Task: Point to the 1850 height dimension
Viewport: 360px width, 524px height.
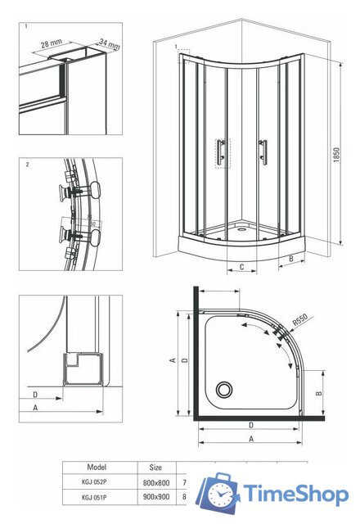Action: (x=337, y=156)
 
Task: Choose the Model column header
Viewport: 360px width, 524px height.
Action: (x=97, y=467)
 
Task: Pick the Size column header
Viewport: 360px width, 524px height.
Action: (x=155, y=467)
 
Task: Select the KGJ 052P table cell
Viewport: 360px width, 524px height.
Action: (x=97, y=482)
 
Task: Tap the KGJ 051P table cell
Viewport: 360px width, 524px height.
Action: (x=97, y=497)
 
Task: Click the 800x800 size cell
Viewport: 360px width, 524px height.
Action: (x=155, y=482)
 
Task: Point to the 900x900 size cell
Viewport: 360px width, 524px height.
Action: (x=155, y=497)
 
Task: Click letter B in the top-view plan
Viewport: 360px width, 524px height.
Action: (x=319, y=393)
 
